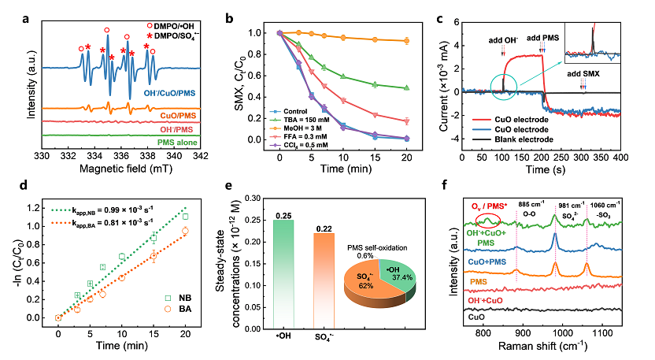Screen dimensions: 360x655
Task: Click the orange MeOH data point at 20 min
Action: click(x=406, y=40)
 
